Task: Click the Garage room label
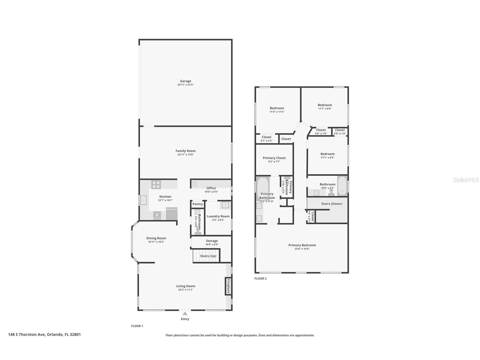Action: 186,81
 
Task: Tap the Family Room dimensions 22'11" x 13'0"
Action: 186,155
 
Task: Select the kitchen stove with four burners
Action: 156,185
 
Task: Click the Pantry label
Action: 198,204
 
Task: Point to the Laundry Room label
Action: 218,216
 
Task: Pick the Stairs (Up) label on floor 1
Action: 208,256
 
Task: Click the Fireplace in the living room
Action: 228,286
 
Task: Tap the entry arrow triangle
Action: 185,313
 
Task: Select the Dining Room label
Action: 156,238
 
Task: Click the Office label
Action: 211,188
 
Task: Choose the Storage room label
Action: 212,241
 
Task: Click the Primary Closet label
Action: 274,158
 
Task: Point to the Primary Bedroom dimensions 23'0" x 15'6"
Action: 302,249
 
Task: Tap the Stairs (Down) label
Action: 332,204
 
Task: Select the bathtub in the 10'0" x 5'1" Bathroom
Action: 342,186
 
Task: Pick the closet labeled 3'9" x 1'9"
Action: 340,132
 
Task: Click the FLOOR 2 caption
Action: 261,278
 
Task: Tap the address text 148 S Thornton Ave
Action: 27,334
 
